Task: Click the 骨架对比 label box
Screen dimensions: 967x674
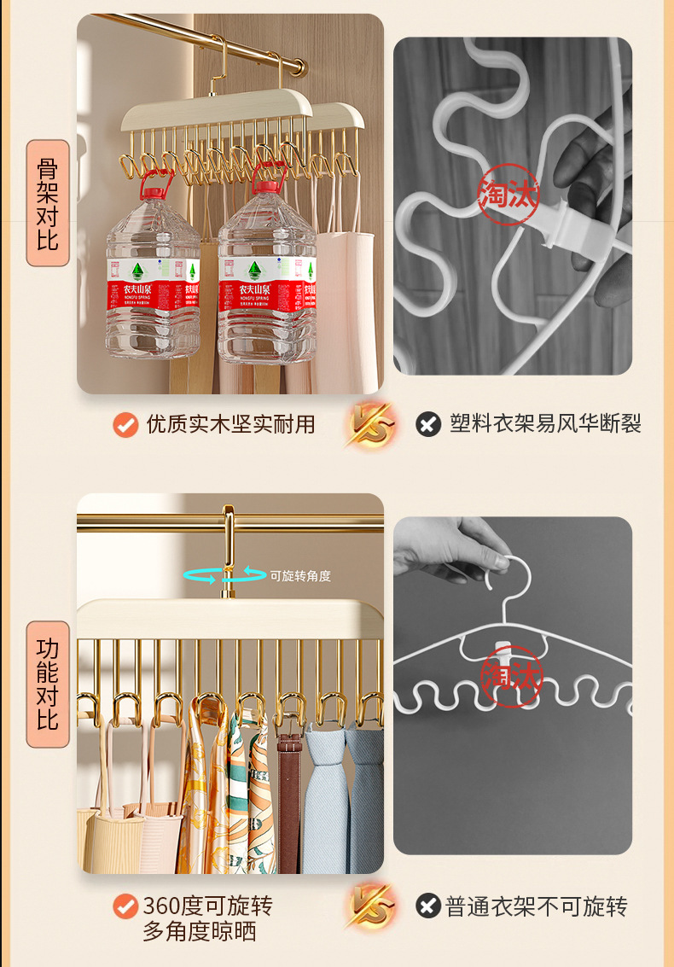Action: [x=48, y=203]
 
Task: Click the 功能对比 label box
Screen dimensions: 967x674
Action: [x=48, y=684]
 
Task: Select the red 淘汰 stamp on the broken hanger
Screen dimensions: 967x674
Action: [x=508, y=195]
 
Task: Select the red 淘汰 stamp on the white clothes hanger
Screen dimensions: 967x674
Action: [x=512, y=676]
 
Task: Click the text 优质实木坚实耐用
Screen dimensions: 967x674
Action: [x=230, y=424]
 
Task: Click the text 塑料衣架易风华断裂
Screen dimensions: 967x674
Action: [x=545, y=424]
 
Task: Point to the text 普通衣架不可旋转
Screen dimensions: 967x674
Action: [x=537, y=906]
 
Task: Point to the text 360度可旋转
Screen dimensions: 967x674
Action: [x=207, y=906]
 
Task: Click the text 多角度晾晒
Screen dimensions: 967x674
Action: [x=199, y=931]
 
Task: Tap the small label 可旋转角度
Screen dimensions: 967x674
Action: [x=300, y=576]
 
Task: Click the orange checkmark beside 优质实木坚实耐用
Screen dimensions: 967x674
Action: [x=126, y=424]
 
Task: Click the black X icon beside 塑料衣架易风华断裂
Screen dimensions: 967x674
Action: [x=428, y=424]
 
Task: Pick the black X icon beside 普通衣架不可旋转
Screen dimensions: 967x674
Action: [x=428, y=906]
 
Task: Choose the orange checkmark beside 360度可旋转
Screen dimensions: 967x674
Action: [x=126, y=906]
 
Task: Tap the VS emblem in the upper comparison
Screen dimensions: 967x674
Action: [x=371, y=424]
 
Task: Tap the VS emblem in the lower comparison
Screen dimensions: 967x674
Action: [x=371, y=906]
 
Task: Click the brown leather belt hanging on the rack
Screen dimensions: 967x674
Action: [x=290, y=802]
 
